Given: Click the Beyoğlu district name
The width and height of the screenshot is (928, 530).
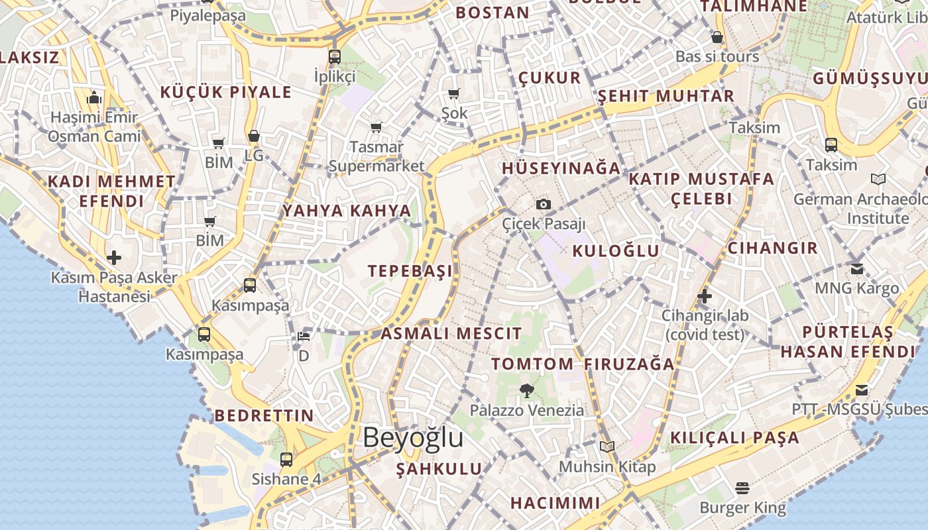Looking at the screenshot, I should click(x=413, y=438).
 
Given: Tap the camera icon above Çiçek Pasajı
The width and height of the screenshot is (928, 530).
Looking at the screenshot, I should click(x=544, y=204).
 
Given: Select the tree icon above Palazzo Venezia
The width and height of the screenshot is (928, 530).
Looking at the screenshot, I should click(x=527, y=390).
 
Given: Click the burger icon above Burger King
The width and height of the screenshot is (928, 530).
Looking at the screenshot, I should click(x=742, y=488).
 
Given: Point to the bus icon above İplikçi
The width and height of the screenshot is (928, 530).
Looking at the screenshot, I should click(x=335, y=56).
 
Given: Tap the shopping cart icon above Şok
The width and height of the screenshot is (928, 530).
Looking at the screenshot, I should click(x=454, y=94).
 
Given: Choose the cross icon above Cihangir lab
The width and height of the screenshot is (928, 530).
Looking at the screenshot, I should click(x=705, y=295).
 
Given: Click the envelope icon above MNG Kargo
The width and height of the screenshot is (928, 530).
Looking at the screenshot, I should click(x=856, y=268).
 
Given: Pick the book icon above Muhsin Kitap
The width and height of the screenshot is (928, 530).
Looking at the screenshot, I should click(x=607, y=447).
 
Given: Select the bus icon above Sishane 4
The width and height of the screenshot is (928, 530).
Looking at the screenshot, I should click(x=286, y=458).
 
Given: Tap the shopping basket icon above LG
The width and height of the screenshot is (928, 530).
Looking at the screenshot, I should click(x=253, y=136).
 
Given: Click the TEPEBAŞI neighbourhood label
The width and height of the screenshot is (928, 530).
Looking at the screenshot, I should click(x=410, y=270).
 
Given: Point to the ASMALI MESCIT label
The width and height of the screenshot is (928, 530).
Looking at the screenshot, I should click(x=451, y=333).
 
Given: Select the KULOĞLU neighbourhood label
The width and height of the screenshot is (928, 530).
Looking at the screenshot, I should click(x=616, y=250).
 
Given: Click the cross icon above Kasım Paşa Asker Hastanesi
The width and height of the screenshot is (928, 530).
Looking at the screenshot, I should click(x=114, y=257).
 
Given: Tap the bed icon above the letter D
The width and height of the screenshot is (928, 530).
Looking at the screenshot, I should click(x=304, y=337).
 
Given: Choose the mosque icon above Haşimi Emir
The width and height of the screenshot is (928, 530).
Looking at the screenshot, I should click(x=94, y=98).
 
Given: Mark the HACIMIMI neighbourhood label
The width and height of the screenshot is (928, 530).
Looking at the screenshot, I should click(x=555, y=503).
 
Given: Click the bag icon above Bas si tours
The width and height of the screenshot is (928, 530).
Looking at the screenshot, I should click(x=717, y=37).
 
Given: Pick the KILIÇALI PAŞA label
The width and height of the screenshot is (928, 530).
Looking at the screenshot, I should click(x=734, y=437).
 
